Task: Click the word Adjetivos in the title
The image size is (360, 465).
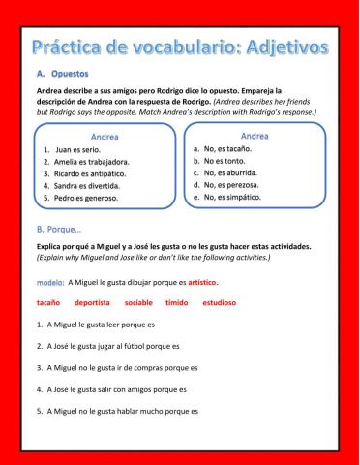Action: coord(280,46)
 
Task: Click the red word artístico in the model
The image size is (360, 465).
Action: coord(202,282)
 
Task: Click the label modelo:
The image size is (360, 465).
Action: coord(49,282)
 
